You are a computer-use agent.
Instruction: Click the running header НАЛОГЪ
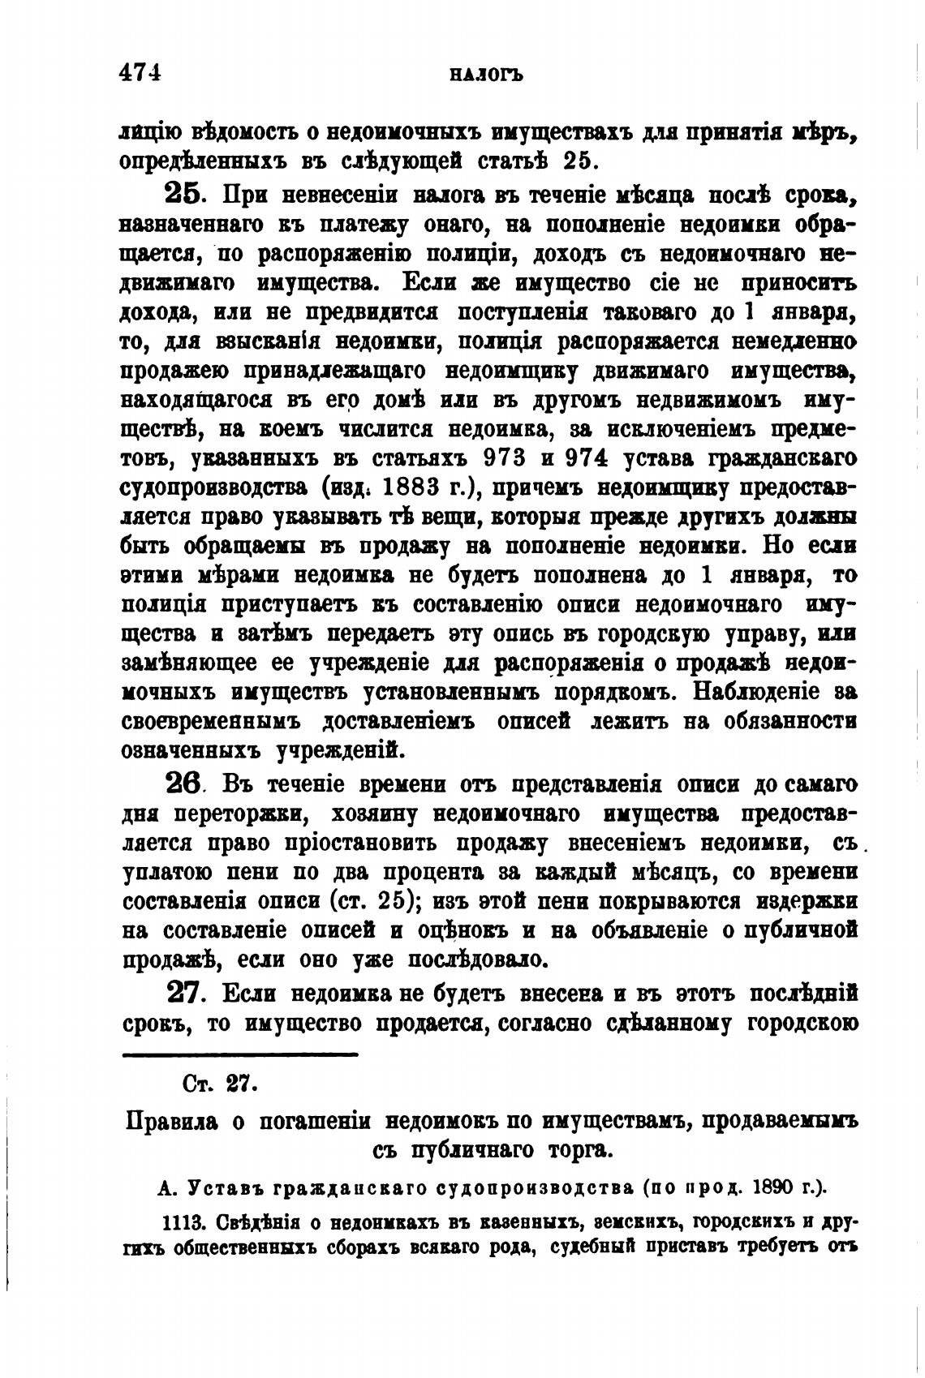(484, 75)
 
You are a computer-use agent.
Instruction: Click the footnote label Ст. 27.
(220, 1083)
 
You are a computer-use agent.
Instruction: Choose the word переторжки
(300, 813)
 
